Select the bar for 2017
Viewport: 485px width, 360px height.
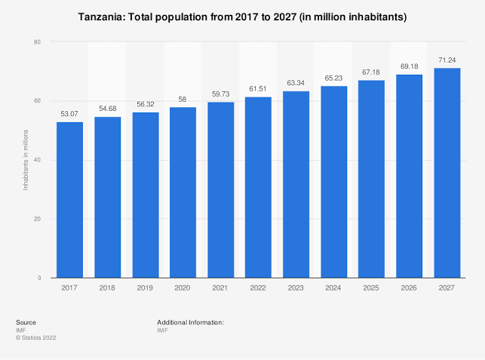pos(69,200)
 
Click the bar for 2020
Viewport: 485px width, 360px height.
pos(183,192)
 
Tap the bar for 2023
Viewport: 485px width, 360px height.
pos(296,185)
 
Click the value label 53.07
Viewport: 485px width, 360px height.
pos(69,114)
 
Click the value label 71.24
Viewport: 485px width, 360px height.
pos(447,60)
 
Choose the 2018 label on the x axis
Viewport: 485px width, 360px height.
pos(107,288)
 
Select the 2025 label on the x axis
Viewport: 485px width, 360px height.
pos(371,288)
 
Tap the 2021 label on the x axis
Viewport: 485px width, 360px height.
pos(220,288)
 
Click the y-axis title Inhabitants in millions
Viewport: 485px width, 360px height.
pos(25,160)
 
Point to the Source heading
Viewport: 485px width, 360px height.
pos(26,322)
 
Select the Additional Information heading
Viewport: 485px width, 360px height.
pos(191,322)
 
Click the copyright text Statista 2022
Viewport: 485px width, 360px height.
pos(38,337)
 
